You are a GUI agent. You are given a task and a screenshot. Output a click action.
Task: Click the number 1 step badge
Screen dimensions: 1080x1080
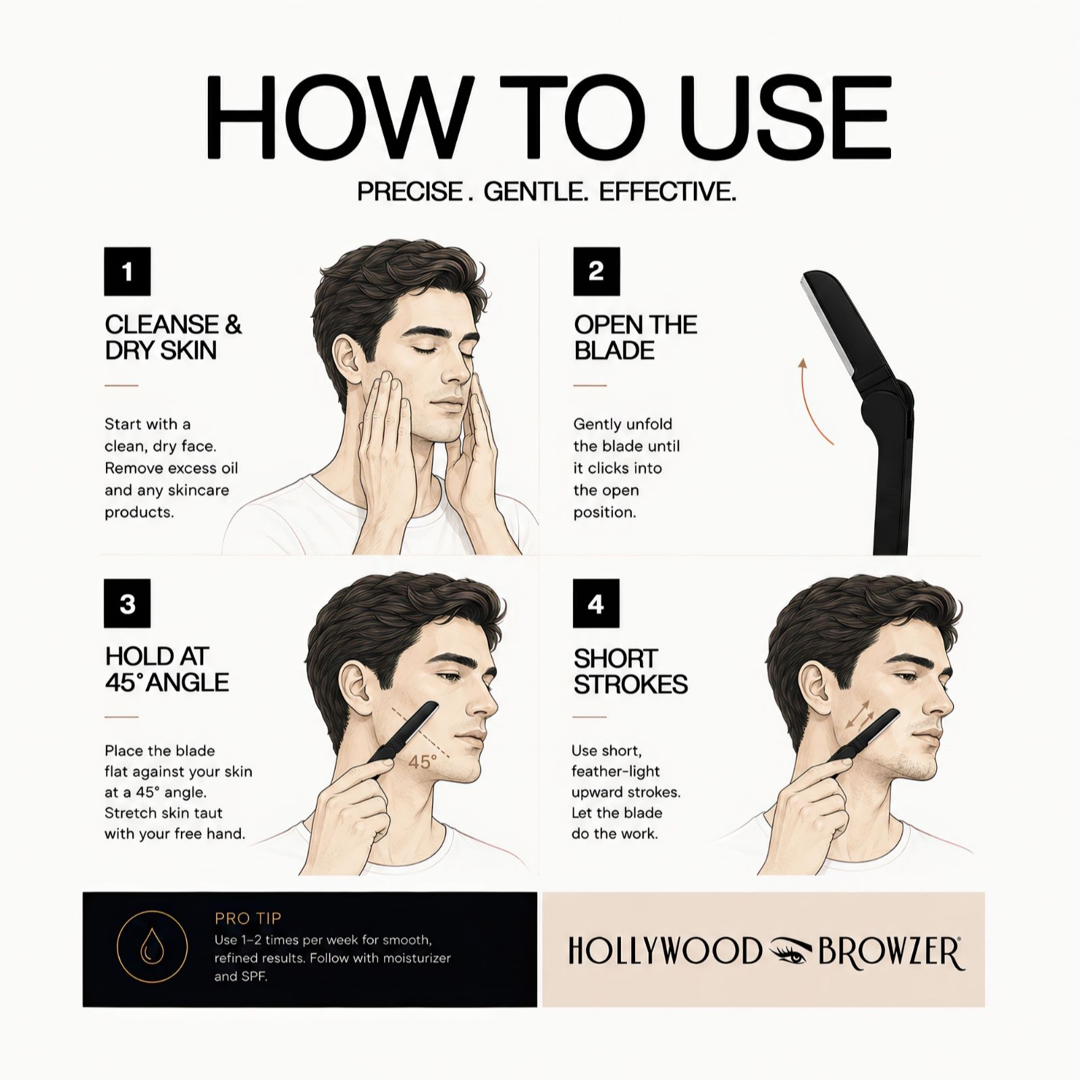[127, 271]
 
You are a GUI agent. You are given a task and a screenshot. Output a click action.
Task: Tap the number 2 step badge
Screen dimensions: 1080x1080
[596, 271]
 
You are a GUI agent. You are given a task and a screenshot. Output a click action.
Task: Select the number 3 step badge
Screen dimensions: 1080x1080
[127, 603]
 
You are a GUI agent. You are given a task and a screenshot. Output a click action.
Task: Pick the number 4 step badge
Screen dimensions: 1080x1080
[595, 603]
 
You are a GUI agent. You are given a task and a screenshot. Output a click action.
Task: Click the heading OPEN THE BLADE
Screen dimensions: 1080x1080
[635, 337]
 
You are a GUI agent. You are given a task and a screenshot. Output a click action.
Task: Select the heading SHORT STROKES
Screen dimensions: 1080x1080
[630, 671]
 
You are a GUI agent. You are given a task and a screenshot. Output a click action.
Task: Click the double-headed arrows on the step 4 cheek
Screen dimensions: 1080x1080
[859, 715]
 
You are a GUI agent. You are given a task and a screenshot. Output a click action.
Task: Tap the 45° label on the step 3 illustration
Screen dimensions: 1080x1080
[423, 762]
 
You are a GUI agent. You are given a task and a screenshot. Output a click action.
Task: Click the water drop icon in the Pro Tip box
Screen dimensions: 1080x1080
[151, 948]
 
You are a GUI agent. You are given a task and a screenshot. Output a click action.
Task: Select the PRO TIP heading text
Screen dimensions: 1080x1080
[248, 918]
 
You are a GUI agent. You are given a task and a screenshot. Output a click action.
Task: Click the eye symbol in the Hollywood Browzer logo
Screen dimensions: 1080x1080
[790, 952]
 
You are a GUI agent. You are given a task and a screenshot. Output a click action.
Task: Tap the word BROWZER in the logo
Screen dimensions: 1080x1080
[891, 952]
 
